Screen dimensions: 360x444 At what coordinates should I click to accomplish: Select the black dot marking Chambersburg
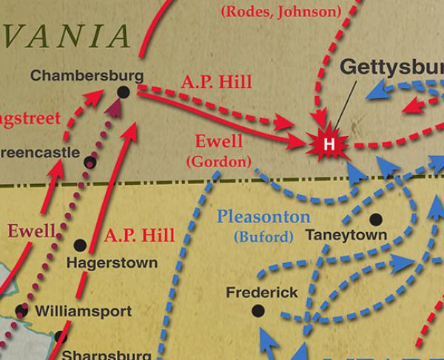click(x=124, y=91)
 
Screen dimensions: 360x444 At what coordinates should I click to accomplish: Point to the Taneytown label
click(x=346, y=235)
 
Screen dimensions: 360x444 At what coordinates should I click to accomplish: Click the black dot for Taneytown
click(x=376, y=219)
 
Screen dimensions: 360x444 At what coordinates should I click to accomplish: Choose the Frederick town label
click(x=262, y=293)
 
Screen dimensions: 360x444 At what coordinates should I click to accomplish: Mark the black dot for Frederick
click(x=258, y=311)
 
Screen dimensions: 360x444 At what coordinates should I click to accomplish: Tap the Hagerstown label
click(x=112, y=262)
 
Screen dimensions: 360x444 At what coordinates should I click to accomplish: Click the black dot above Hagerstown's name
click(x=80, y=245)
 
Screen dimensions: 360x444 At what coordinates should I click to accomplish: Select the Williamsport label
click(x=84, y=311)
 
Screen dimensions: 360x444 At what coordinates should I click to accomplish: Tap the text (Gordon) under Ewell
click(x=218, y=160)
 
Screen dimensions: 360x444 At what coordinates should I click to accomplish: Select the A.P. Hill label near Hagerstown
click(x=139, y=236)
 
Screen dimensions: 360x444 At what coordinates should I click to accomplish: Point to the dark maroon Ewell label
click(x=32, y=231)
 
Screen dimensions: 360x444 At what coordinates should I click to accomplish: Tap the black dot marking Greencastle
click(x=90, y=162)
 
